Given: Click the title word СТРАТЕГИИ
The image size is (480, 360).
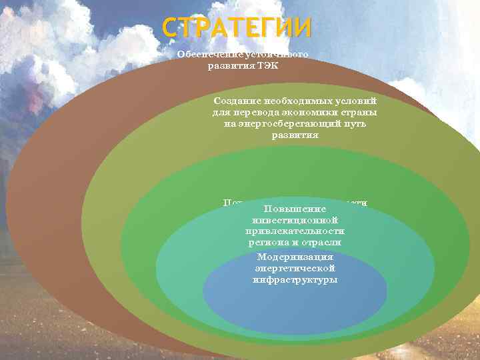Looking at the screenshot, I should [x=237, y=29].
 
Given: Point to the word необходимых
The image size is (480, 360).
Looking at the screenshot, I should [x=291, y=99].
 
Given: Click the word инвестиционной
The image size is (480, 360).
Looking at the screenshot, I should [x=295, y=220].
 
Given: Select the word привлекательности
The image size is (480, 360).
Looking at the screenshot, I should [x=295, y=231].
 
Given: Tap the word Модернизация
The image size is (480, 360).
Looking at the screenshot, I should [x=294, y=257].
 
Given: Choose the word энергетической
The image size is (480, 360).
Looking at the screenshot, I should [x=294, y=268].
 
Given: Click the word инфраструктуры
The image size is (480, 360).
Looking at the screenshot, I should [x=294, y=279].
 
